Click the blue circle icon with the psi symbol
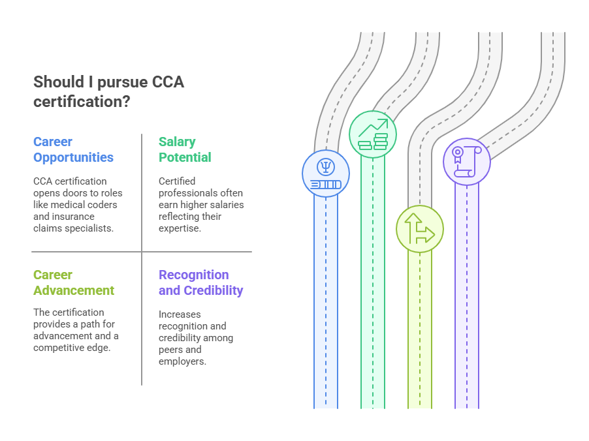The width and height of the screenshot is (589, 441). (326, 174)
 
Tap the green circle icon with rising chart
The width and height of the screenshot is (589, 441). (373, 134)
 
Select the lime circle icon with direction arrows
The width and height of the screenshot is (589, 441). (420, 229)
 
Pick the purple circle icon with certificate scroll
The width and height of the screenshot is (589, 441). (467, 161)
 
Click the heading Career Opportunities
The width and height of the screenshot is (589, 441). (73, 149)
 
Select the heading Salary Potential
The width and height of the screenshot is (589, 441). (185, 149)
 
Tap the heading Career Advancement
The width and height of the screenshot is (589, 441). (73, 282)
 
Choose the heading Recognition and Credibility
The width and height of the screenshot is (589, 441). (200, 282)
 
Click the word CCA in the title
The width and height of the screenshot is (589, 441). (168, 82)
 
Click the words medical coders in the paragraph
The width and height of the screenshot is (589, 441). (87, 205)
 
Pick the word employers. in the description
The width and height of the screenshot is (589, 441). (182, 361)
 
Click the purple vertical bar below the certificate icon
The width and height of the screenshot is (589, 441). (467, 294)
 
